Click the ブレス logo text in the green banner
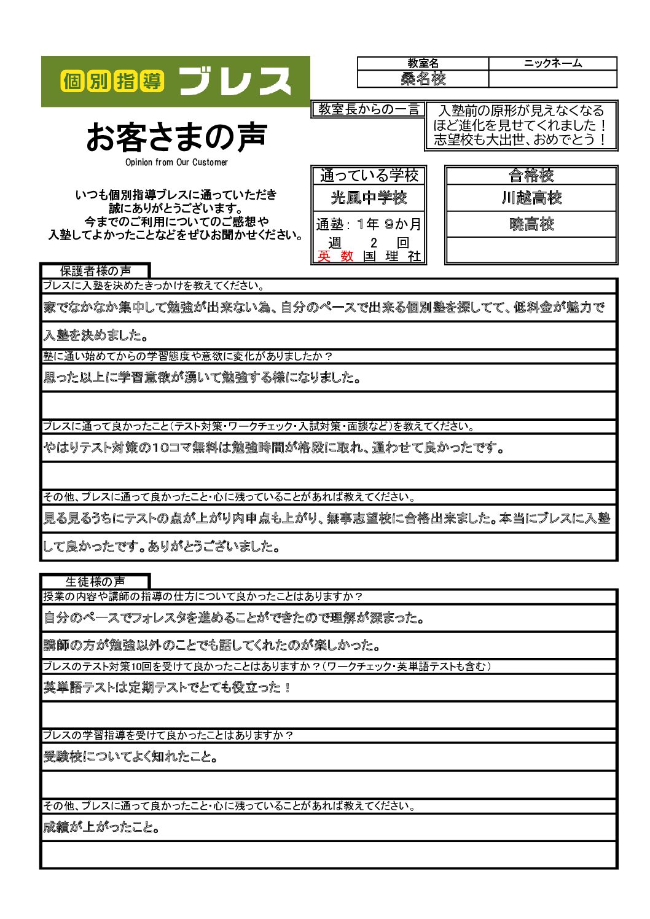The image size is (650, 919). click(235, 81)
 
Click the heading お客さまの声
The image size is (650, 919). click(177, 137)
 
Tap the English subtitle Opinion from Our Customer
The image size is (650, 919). click(176, 162)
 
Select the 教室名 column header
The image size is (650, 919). click(423, 63)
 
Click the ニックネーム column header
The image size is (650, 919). click(552, 63)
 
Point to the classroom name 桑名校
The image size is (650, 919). click(423, 79)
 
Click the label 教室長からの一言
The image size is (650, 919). click(368, 109)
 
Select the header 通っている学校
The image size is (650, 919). click(369, 176)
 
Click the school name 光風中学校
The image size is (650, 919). click(369, 198)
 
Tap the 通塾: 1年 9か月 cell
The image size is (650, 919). click(369, 224)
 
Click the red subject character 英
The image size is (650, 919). click(324, 257)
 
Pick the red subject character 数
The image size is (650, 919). click(347, 257)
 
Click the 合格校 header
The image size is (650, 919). click(531, 176)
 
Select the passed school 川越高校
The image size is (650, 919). click(531, 198)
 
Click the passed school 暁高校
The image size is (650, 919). click(531, 224)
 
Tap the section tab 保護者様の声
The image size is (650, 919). click(95, 271)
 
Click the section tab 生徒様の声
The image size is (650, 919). click(95, 582)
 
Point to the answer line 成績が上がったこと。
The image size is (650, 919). click(102, 827)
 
